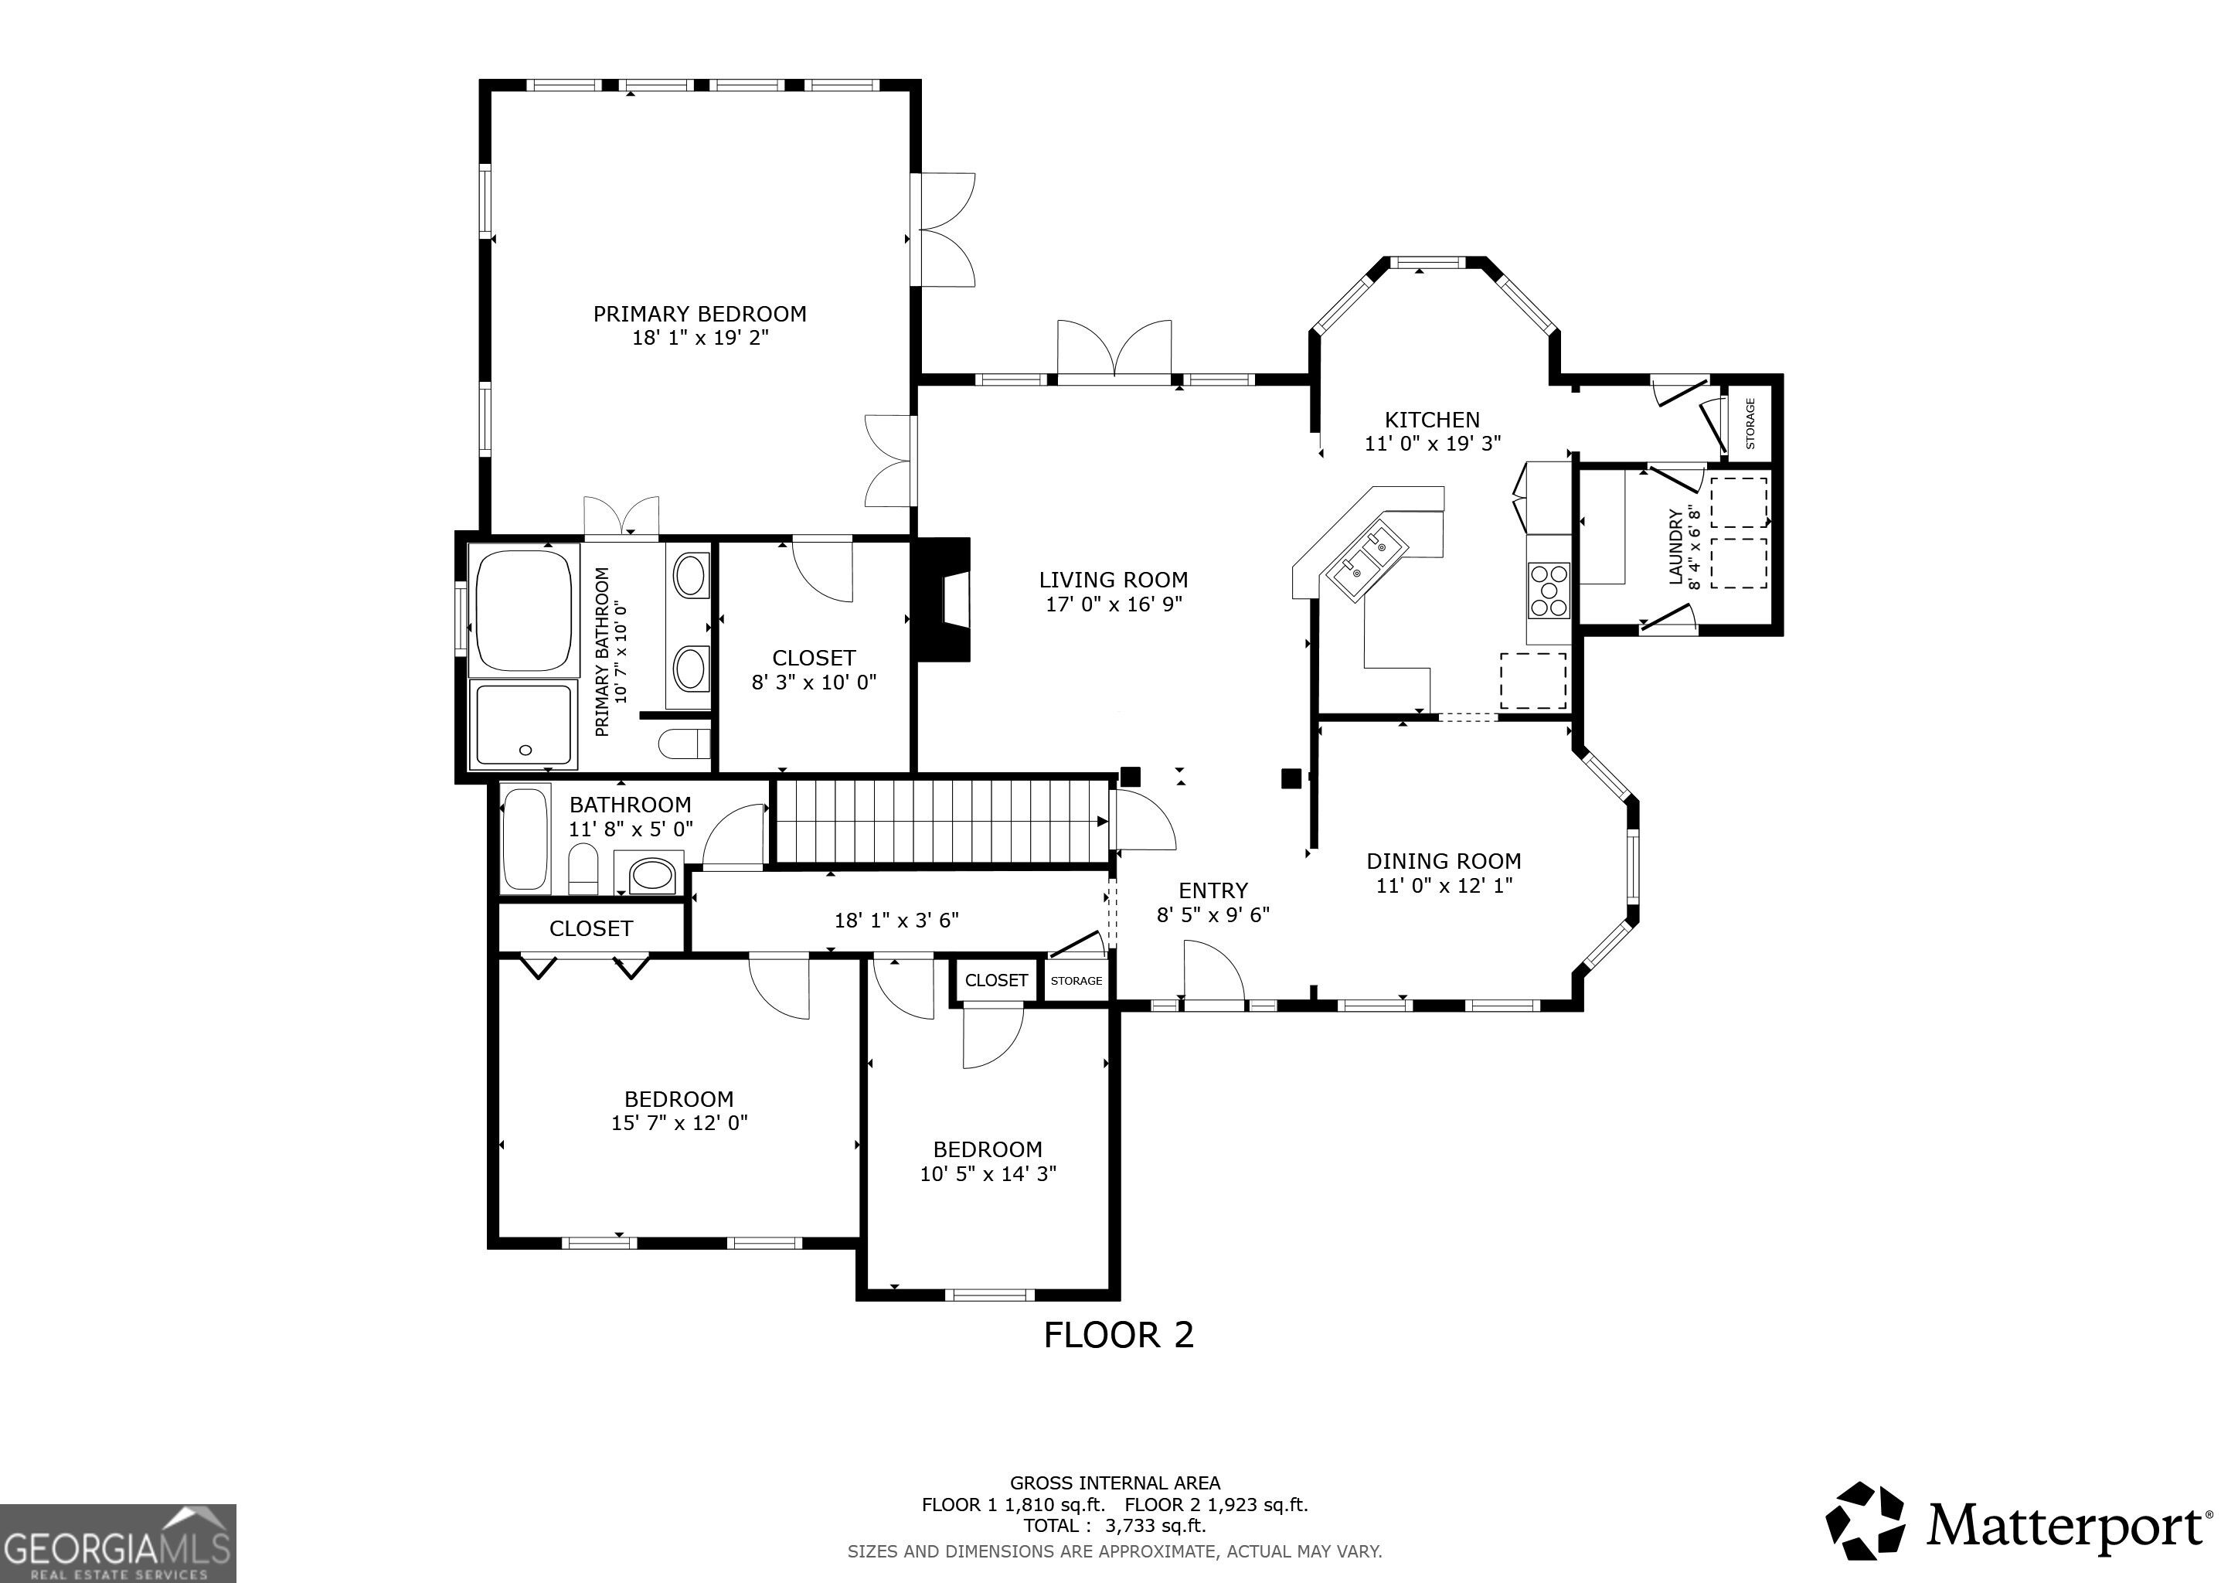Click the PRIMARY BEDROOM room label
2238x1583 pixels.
(700, 314)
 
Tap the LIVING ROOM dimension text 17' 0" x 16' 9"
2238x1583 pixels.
(1114, 604)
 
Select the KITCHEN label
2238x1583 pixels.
(1432, 420)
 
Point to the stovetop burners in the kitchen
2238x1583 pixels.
(1548, 590)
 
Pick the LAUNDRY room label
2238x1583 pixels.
(1675, 546)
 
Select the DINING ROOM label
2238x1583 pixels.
(1444, 862)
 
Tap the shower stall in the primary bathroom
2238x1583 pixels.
(523, 724)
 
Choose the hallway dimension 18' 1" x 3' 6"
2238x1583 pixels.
(896, 920)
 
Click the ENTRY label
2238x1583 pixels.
(1213, 891)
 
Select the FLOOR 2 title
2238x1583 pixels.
(1118, 1334)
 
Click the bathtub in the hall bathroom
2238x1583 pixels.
(525, 839)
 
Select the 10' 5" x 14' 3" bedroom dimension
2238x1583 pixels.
(988, 1173)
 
